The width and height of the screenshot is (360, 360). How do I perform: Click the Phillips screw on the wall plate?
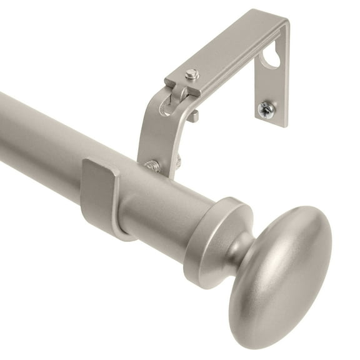point(267,109)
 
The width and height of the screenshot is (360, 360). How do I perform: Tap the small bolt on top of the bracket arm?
point(192,75)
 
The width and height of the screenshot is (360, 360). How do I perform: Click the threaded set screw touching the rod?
point(152,166)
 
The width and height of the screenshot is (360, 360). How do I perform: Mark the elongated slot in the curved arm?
point(164,106)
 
